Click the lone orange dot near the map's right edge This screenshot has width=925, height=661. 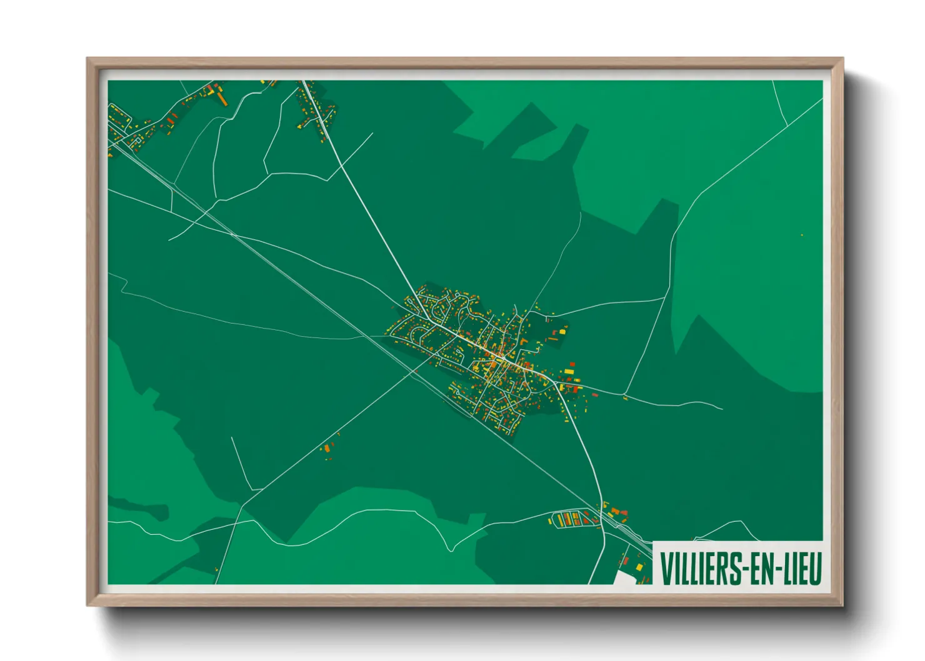802,235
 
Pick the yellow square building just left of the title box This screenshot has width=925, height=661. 639,566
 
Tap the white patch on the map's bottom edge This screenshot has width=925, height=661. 625,577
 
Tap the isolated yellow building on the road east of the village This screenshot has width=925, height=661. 625,397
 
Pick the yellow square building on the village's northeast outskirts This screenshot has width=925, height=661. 561,332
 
